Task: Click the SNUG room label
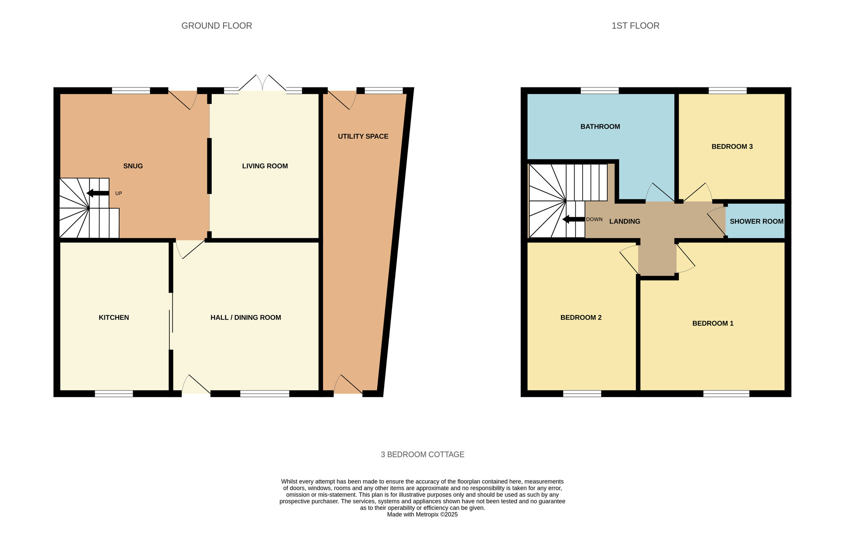click(x=133, y=166)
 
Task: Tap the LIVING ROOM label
click(x=265, y=166)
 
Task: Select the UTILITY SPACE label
click(x=363, y=136)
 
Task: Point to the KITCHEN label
click(x=114, y=318)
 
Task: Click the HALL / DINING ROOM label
click(x=246, y=318)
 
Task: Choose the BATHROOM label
click(x=600, y=127)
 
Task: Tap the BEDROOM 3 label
click(x=732, y=147)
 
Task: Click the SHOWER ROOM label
click(x=757, y=221)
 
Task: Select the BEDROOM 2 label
click(x=581, y=318)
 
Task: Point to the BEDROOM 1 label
click(x=713, y=324)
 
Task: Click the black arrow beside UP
click(x=98, y=193)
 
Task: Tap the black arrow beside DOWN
click(x=574, y=219)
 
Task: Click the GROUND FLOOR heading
click(x=217, y=26)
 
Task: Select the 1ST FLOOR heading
click(x=635, y=26)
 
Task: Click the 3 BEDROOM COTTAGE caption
click(x=422, y=454)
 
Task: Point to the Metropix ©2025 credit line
click(x=422, y=514)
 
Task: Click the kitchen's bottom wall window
click(x=114, y=394)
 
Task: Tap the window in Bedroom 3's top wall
click(x=728, y=90)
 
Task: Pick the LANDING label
click(x=624, y=221)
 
